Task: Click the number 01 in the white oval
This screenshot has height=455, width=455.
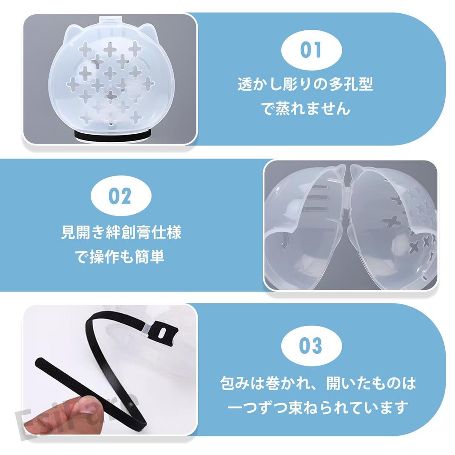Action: click(311, 50)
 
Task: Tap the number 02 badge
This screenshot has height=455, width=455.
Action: click(120, 196)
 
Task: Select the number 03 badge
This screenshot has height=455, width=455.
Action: click(311, 345)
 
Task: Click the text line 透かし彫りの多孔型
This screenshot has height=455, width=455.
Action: click(305, 84)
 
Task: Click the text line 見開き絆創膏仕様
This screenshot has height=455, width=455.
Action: click(121, 233)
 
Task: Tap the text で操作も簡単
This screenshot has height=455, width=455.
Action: click(121, 257)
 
